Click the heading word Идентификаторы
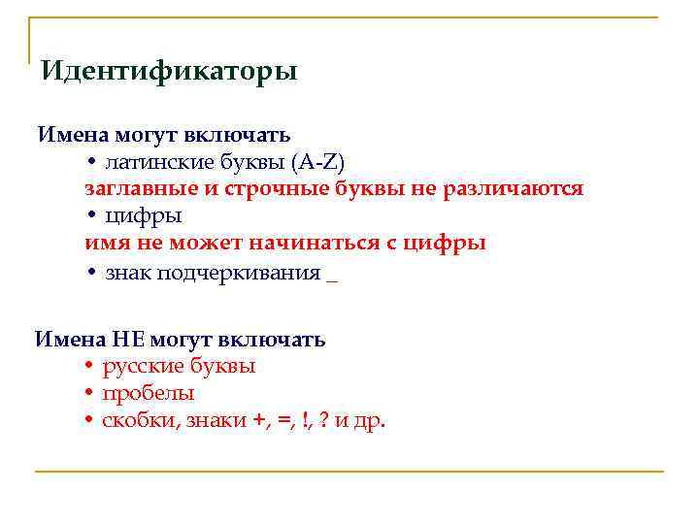(x=170, y=72)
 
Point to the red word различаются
(x=514, y=188)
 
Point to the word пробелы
(x=149, y=394)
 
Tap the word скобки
(x=139, y=421)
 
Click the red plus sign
(x=257, y=421)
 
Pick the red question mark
(x=322, y=421)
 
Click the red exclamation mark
(x=305, y=421)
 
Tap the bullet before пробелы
(x=88, y=395)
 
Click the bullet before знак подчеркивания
(x=88, y=272)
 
